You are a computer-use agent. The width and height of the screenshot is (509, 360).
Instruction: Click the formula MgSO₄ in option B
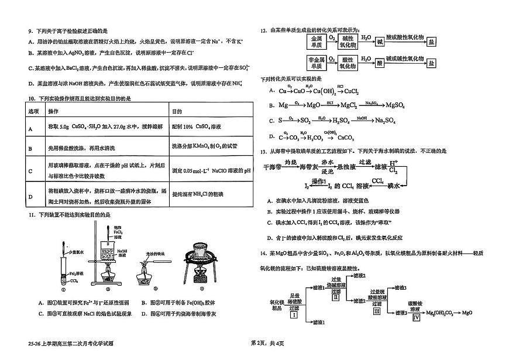386,105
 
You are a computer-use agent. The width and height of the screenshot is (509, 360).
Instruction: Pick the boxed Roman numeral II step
336,297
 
